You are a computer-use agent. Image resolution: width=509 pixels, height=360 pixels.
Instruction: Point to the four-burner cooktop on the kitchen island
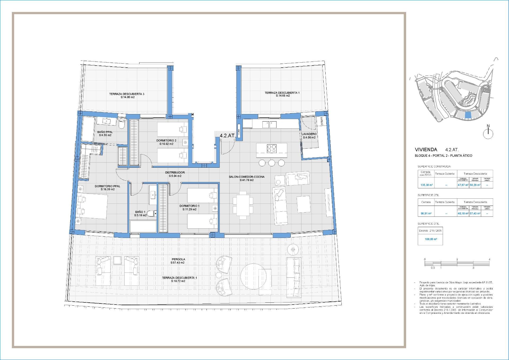271,148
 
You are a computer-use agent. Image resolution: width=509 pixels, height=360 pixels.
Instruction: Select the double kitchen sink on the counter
269,124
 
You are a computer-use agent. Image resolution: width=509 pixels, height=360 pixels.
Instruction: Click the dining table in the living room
243,205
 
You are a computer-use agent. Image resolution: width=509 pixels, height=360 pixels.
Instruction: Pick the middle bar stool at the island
271,163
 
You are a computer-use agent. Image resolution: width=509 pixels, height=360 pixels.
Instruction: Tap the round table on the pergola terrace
253,276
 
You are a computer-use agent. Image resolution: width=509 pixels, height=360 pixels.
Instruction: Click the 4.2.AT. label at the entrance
227,136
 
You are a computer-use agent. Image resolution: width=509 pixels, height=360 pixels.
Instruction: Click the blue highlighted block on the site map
468,115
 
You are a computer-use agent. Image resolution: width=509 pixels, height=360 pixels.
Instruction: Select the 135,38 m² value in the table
427,185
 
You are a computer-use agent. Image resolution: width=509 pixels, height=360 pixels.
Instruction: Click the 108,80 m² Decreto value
431,239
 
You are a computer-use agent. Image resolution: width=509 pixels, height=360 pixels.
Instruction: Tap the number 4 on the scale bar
489,259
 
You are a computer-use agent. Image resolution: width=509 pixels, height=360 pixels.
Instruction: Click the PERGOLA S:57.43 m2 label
178,261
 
